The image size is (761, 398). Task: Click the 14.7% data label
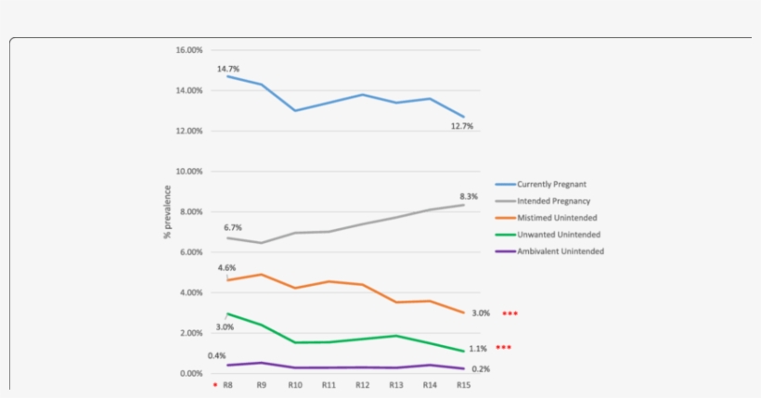point(228,69)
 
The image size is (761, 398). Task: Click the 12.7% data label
point(462,125)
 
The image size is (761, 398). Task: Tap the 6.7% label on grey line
point(232,227)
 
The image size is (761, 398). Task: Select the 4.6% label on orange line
point(227,268)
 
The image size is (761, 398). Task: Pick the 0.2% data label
point(480,369)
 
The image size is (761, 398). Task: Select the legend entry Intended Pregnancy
point(553,201)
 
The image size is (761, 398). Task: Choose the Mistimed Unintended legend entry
point(557,218)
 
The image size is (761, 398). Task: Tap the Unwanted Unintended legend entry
point(558,235)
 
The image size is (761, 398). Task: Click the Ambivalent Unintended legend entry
point(561,251)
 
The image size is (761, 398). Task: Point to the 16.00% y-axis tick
point(189,50)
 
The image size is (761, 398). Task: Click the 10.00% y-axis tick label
point(189,172)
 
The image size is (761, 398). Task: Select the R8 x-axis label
point(227,384)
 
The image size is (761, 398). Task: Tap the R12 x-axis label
point(362,384)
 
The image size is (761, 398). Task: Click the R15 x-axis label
point(463,384)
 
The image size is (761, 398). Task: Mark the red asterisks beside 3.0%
point(509,314)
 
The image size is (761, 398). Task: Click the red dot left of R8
point(214,384)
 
